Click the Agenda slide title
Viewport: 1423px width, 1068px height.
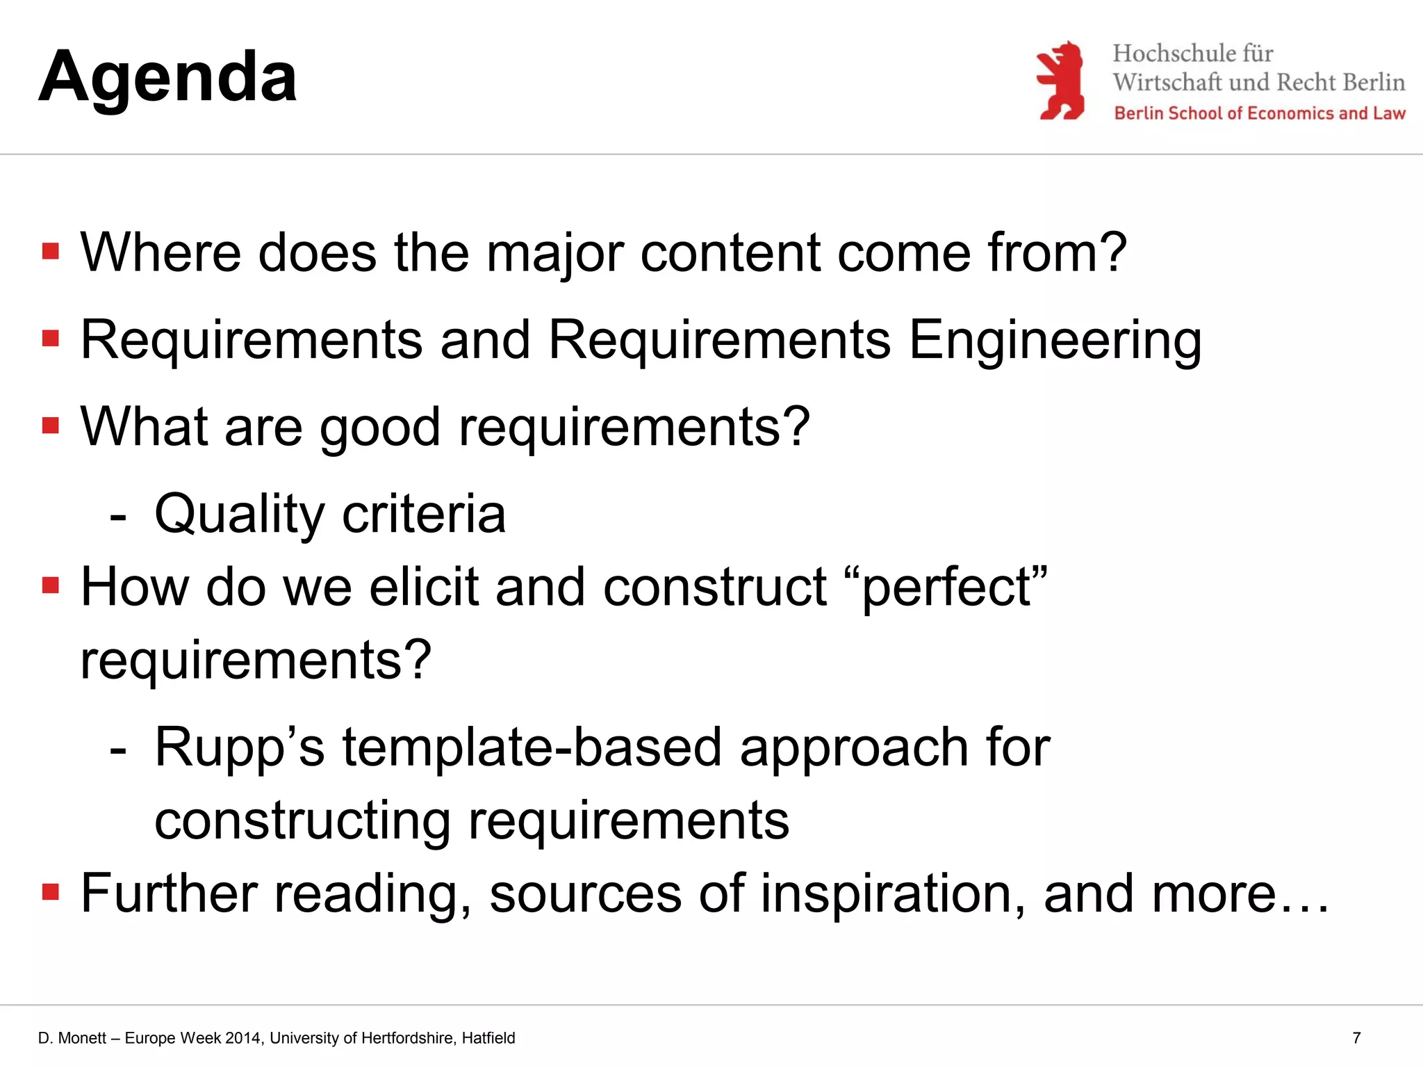pos(167,78)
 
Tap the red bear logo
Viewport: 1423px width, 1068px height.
pos(1060,81)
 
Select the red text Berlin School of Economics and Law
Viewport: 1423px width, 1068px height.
pos(1259,113)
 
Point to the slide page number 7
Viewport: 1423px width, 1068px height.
pos(1356,1038)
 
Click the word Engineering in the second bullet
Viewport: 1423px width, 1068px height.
pos(1055,341)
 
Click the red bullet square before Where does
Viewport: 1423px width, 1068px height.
pos(51,250)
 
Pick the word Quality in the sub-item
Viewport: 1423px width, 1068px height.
pos(240,515)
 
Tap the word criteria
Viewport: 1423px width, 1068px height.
pos(424,515)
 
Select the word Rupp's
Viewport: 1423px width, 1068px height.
pos(240,748)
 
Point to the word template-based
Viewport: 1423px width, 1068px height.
pos(532,748)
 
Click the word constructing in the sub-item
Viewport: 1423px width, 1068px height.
pos(302,821)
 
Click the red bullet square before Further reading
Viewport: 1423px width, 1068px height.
pos(51,891)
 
